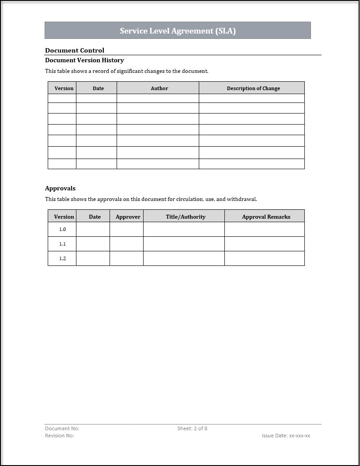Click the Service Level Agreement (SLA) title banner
(x=178, y=30)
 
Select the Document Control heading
(x=75, y=50)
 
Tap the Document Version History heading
(x=84, y=60)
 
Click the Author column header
(x=159, y=88)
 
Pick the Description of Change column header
(x=253, y=88)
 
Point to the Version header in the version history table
(x=64, y=88)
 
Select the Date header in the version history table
(x=98, y=88)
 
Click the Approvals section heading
(x=60, y=188)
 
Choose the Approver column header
(x=128, y=216)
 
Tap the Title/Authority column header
(x=186, y=216)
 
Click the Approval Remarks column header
(x=266, y=216)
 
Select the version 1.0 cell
(x=62, y=229)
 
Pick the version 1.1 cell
(x=62, y=244)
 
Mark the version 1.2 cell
(x=62, y=258)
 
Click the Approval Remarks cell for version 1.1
(x=264, y=244)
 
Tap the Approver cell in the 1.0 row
(x=126, y=229)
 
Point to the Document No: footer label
(x=62, y=428)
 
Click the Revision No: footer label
(x=60, y=436)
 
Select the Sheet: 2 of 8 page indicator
(x=192, y=428)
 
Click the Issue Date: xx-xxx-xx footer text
(x=286, y=436)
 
